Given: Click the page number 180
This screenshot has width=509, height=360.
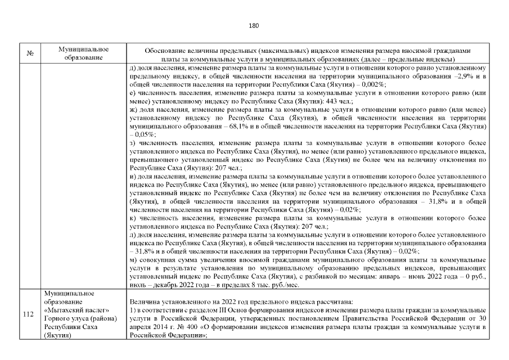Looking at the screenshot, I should click(x=254, y=25).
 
